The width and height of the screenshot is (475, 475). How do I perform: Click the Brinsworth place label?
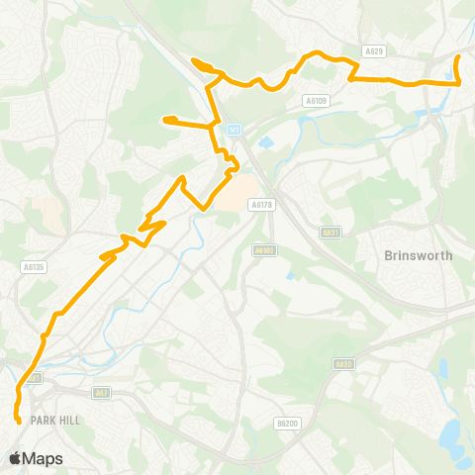[x=417, y=255]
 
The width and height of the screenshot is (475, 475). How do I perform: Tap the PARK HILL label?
[x=53, y=420]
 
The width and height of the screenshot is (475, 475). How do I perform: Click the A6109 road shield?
[x=316, y=100]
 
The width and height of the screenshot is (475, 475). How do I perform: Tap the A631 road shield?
[x=331, y=233]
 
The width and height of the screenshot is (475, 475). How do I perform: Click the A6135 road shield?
[x=33, y=265]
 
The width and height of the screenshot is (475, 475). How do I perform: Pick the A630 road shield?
[x=343, y=364]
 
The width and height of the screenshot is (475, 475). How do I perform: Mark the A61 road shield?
[x=36, y=377]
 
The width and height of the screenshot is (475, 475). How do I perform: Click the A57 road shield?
[x=100, y=393]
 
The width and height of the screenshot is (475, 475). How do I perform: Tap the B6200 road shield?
[x=286, y=423]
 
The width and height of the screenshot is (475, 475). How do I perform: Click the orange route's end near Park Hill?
[x=19, y=421]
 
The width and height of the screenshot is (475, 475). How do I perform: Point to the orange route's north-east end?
[x=457, y=58]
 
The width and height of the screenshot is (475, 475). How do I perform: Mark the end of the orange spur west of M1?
[x=165, y=121]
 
